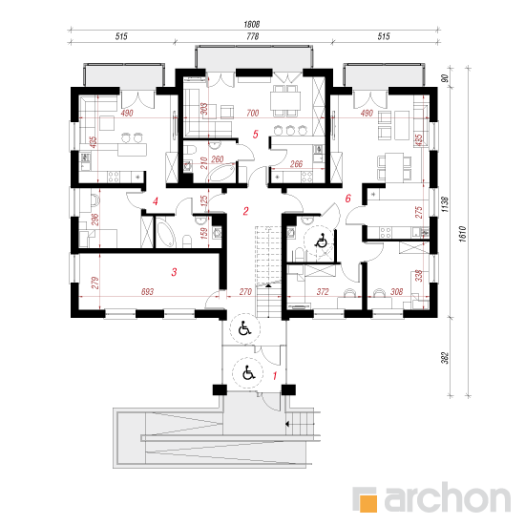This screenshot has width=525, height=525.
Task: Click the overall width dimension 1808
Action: tap(252, 24)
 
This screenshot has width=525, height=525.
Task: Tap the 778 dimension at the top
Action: tap(252, 36)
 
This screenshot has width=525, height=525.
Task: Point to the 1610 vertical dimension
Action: tap(462, 234)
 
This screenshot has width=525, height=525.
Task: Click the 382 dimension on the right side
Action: tap(444, 357)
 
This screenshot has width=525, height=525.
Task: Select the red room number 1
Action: tap(275, 376)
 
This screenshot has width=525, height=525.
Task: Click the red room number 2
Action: tap(245, 211)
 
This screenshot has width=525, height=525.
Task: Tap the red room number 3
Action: tap(174, 272)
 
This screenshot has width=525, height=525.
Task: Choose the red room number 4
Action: tap(155, 201)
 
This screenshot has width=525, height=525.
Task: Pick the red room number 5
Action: tap(256, 135)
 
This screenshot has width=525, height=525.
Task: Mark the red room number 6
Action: tap(347, 199)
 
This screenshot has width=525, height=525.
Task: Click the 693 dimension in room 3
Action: tap(147, 292)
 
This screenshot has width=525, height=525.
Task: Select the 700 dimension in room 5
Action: tap(252, 114)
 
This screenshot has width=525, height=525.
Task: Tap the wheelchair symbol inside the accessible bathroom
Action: tap(322, 240)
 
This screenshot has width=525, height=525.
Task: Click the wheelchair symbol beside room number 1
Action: tap(248, 373)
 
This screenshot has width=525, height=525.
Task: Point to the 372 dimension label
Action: tap(323, 292)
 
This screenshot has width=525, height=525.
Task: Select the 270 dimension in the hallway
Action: tap(245, 292)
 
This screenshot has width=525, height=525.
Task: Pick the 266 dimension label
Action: tap(296, 164)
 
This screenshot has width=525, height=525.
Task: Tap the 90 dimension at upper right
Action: tap(445, 78)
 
